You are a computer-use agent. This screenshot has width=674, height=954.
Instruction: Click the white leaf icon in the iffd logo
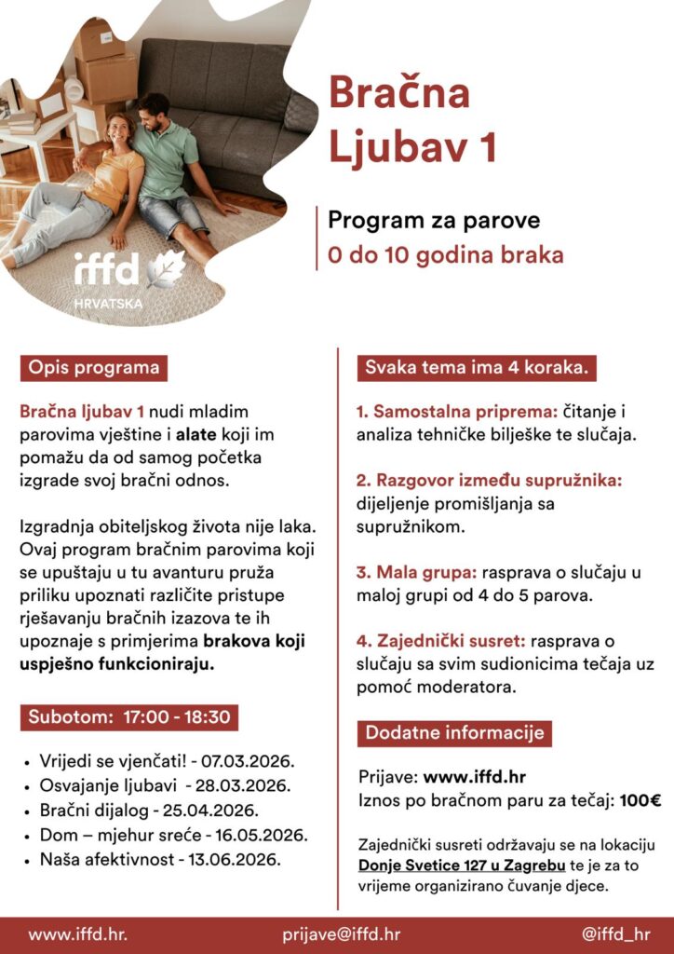[x=167, y=268]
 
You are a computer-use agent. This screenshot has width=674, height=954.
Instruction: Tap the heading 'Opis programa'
[x=93, y=367]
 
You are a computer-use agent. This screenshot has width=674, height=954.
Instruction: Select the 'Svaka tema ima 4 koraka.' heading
[x=476, y=367]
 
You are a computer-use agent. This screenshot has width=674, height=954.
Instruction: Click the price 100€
[x=641, y=799]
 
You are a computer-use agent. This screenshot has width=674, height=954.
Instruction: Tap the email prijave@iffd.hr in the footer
[x=342, y=934]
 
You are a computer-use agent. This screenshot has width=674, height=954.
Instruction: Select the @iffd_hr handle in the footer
[x=615, y=934]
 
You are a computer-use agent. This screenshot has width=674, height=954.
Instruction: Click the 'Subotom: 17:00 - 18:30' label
[x=129, y=717]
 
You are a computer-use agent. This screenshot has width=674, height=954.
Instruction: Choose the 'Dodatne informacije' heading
[x=454, y=732]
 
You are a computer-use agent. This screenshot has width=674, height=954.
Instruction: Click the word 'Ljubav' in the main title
[x=411, y=146]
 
